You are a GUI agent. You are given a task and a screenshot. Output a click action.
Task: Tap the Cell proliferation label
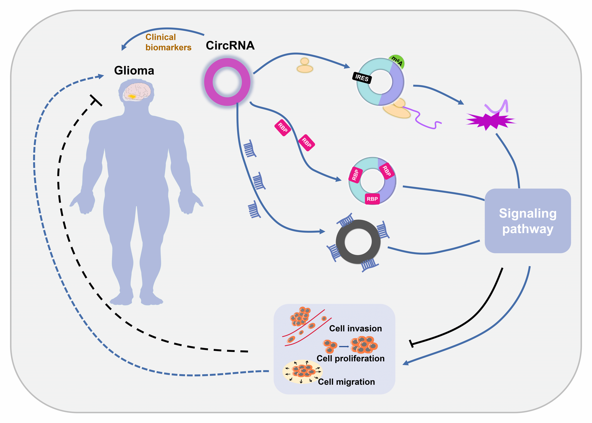(x=350, y=358)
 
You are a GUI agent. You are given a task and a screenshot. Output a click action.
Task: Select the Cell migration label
(x=346, y=382)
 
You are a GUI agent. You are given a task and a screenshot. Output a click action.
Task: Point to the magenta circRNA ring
(x=227, y=82)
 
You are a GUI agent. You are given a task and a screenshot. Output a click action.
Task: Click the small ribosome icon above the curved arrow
(x=305, y=66)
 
